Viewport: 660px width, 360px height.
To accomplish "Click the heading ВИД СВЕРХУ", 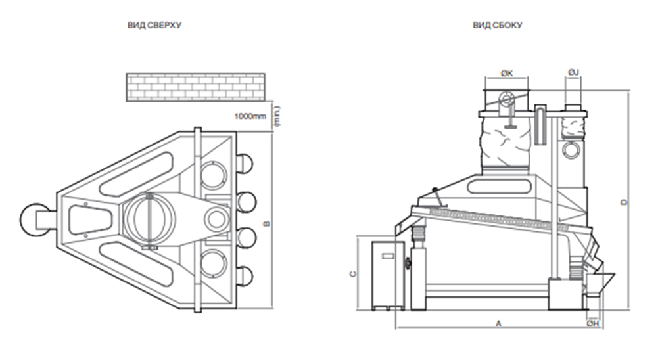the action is tap(154, 25).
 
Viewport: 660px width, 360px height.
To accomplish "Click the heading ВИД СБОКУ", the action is tap(497, 25).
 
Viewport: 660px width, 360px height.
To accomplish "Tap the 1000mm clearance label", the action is tap(250, 116).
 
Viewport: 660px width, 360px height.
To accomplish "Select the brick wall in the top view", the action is tap(196, 87).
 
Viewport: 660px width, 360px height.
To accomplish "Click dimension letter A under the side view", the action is tap(499, 323).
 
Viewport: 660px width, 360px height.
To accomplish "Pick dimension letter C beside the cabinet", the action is tap(353, 274).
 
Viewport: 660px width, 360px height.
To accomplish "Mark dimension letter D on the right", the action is tap(625, 202).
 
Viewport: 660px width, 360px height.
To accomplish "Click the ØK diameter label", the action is tap(507, 73).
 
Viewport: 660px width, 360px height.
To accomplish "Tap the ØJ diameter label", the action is tap(573, 72).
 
